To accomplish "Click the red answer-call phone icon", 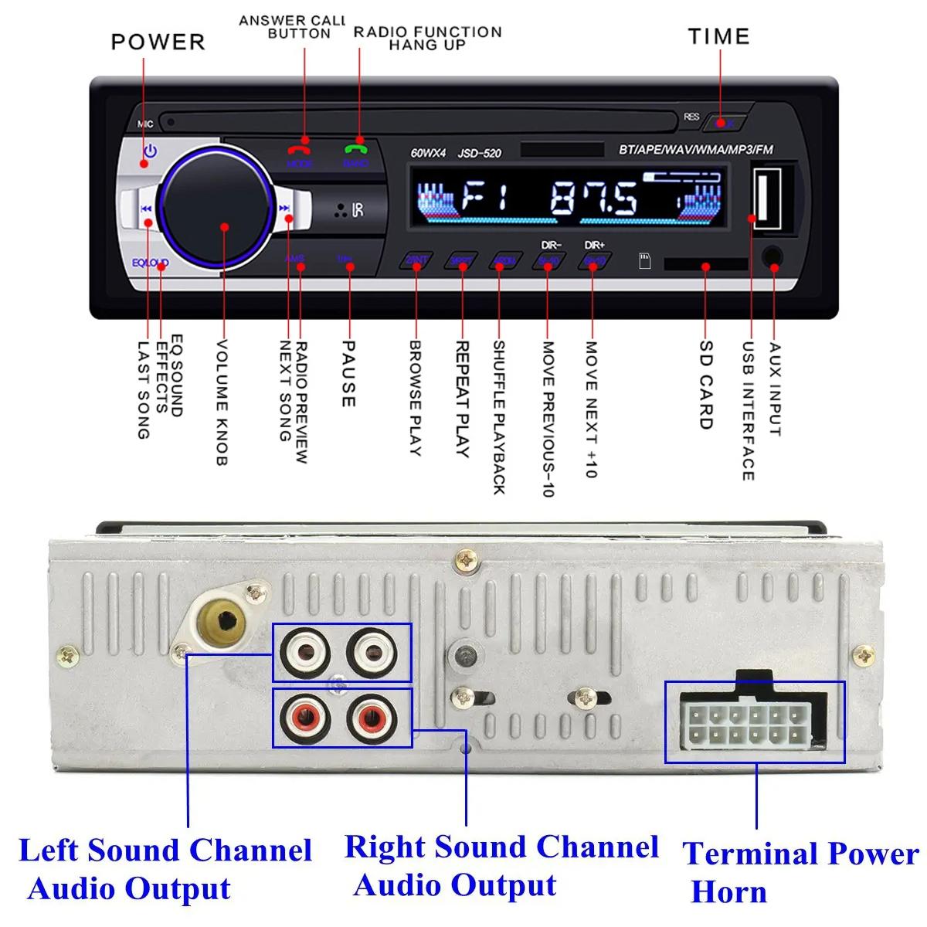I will tap(298, 150).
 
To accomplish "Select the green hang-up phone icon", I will tap(356, 150).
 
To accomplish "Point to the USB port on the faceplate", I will tap(766, 198).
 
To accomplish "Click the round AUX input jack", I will tap(772, 258).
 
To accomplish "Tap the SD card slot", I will tap(705, 265).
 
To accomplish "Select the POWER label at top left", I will tap(158, 42).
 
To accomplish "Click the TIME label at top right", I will tap(718, 36).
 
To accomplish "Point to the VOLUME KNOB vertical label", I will tap(222, 402).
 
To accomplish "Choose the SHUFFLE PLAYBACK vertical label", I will tap(499, 417).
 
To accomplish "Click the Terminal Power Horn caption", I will tap(800, 872).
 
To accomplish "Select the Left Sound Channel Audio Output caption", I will tap(165, 869).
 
